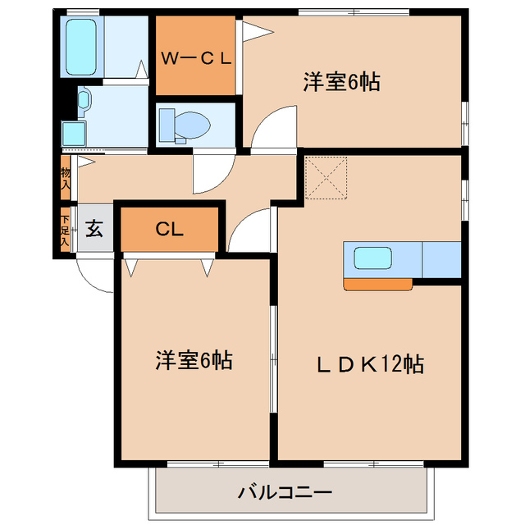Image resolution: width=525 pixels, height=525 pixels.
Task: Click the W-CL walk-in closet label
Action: (197, 58)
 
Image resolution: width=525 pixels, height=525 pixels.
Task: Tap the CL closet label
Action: (169, 229)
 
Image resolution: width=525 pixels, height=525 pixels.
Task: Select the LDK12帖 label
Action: (372, 363)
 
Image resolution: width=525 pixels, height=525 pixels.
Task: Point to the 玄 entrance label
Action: (94, 229)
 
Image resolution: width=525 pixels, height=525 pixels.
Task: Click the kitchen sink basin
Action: (377, 259)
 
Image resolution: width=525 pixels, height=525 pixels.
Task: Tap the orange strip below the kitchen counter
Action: (377, 284)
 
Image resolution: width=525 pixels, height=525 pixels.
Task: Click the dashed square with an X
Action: (326, 178)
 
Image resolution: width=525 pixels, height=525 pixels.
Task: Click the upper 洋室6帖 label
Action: (341, 82)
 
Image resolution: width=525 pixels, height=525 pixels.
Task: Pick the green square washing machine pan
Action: (74, 134)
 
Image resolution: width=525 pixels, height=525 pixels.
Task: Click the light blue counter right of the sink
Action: (443, 260)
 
